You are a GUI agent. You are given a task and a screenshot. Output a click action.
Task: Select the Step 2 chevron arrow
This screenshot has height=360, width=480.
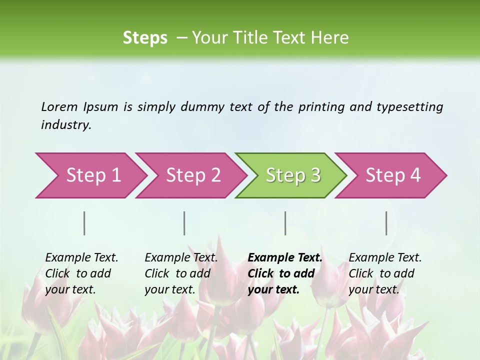pos(193,175)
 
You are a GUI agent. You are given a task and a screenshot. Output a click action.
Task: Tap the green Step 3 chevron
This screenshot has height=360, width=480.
pos(293,175)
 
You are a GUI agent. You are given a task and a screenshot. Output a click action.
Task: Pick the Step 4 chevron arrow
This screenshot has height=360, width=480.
pos(393,175)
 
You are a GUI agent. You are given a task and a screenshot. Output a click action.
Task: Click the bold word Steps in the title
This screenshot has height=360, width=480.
pos(145,38)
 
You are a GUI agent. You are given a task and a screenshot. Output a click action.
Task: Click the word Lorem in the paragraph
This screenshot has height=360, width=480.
pos(59,107)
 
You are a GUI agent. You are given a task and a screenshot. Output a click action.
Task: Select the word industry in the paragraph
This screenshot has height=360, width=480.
pos(65,125)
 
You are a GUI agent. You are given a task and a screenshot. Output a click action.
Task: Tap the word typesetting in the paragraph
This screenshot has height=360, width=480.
pos(409,107)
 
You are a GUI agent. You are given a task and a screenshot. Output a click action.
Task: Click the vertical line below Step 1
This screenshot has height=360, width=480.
pos(84,223)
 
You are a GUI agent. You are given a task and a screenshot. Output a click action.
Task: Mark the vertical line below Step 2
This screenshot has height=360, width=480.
pos(184,223)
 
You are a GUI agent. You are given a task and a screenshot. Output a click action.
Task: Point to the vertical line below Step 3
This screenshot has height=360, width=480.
pos(285,223)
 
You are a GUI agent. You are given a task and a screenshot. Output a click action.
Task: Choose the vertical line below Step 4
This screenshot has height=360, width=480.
pos(386,223)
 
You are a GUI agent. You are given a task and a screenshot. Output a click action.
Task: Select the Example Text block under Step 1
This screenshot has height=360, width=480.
pos(81,273)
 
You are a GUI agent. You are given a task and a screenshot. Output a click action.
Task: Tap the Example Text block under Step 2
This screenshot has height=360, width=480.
pos(181,273)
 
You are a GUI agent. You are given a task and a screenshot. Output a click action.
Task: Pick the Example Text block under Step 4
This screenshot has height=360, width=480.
pos(385,273)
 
